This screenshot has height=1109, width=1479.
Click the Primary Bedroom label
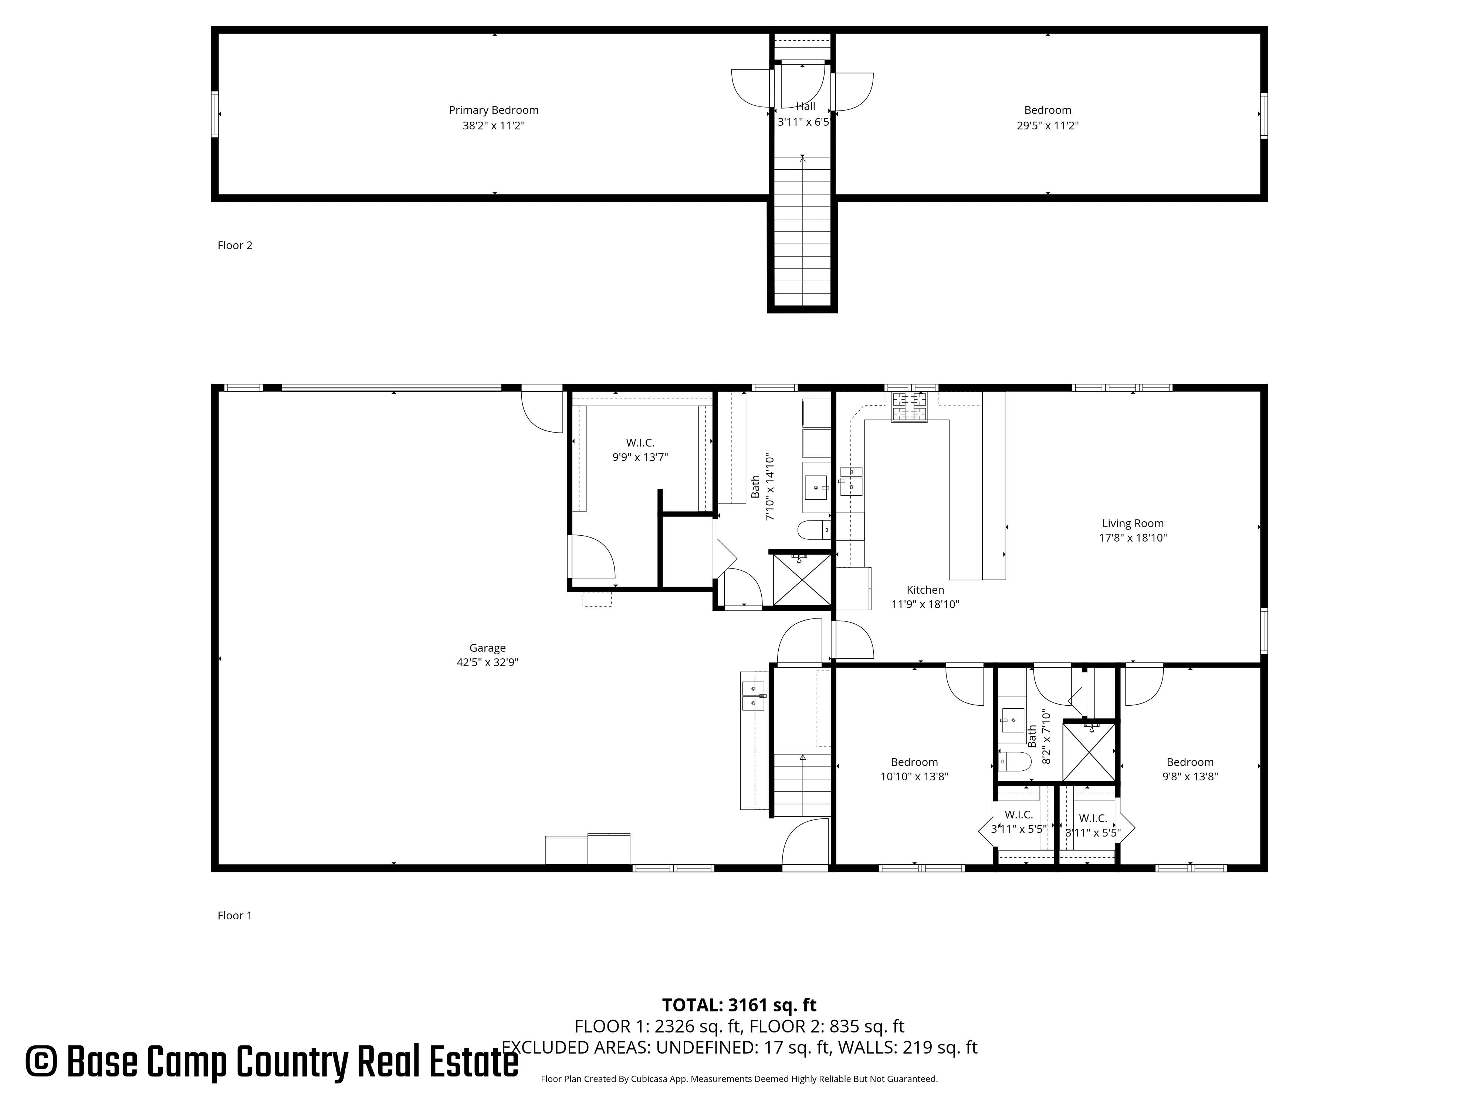tap(494, 110)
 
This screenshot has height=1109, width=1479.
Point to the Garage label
tap(487, 648)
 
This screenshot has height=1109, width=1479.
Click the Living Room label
tap(1133, 523)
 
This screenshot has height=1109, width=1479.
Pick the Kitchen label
tap(925, 590)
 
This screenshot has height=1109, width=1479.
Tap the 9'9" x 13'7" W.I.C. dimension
tap(640, 457)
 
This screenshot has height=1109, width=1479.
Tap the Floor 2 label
tap(235, 245)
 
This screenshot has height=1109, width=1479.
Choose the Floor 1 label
tap(235, 916)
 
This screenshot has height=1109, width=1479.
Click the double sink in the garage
tap(753, 696)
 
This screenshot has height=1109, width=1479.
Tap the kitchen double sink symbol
tap(851, 481)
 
